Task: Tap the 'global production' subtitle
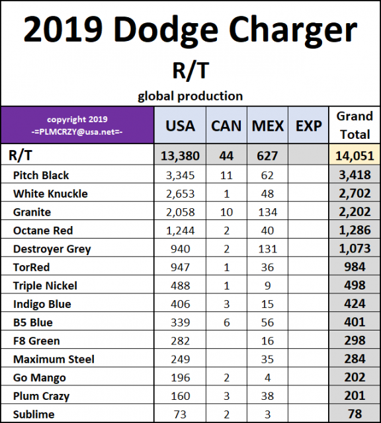point(190,96)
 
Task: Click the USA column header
point(180,125)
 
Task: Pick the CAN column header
point(226,125)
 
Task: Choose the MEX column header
point(268,125)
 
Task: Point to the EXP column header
point(308,125)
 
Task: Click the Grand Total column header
point(355,125)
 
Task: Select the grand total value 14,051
point(355,156)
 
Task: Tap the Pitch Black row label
point(41,175)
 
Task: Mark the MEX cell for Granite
point(268,212)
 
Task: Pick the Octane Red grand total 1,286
point(355,231)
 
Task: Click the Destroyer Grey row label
point(52,249)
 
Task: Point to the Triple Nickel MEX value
point(268,286)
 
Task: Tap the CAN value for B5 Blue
point(226,323)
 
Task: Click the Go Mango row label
point(39,378)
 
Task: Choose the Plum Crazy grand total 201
point(355,396)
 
